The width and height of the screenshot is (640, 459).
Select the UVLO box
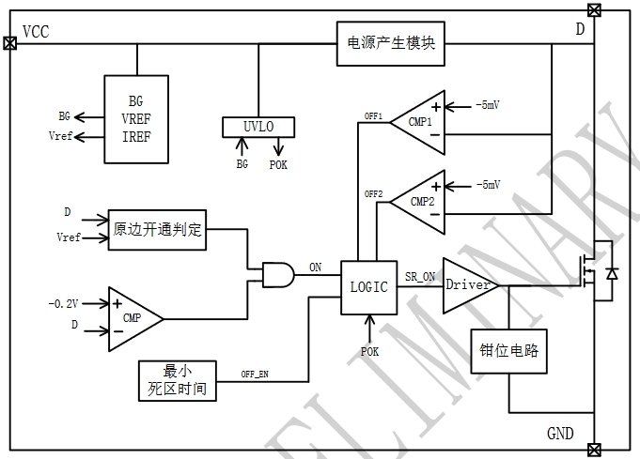click(258, 126)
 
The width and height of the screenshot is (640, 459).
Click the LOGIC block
click(368, 287)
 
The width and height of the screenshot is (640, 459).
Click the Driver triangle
click(467, 284)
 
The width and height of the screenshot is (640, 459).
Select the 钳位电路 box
click(508, 351)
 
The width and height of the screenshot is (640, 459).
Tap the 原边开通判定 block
click(157, 228)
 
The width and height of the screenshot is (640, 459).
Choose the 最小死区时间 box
click(177, 378)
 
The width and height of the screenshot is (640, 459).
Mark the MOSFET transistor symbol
click(592, 273)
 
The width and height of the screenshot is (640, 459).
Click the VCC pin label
click(36, 32)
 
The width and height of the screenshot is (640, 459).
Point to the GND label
click(561, 434)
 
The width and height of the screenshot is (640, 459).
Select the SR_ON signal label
click(420, 276)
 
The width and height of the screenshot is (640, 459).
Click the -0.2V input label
click(62, 303)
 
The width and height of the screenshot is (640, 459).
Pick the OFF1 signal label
click(374, 116)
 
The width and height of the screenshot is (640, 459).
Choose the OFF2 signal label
click(374, 194)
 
